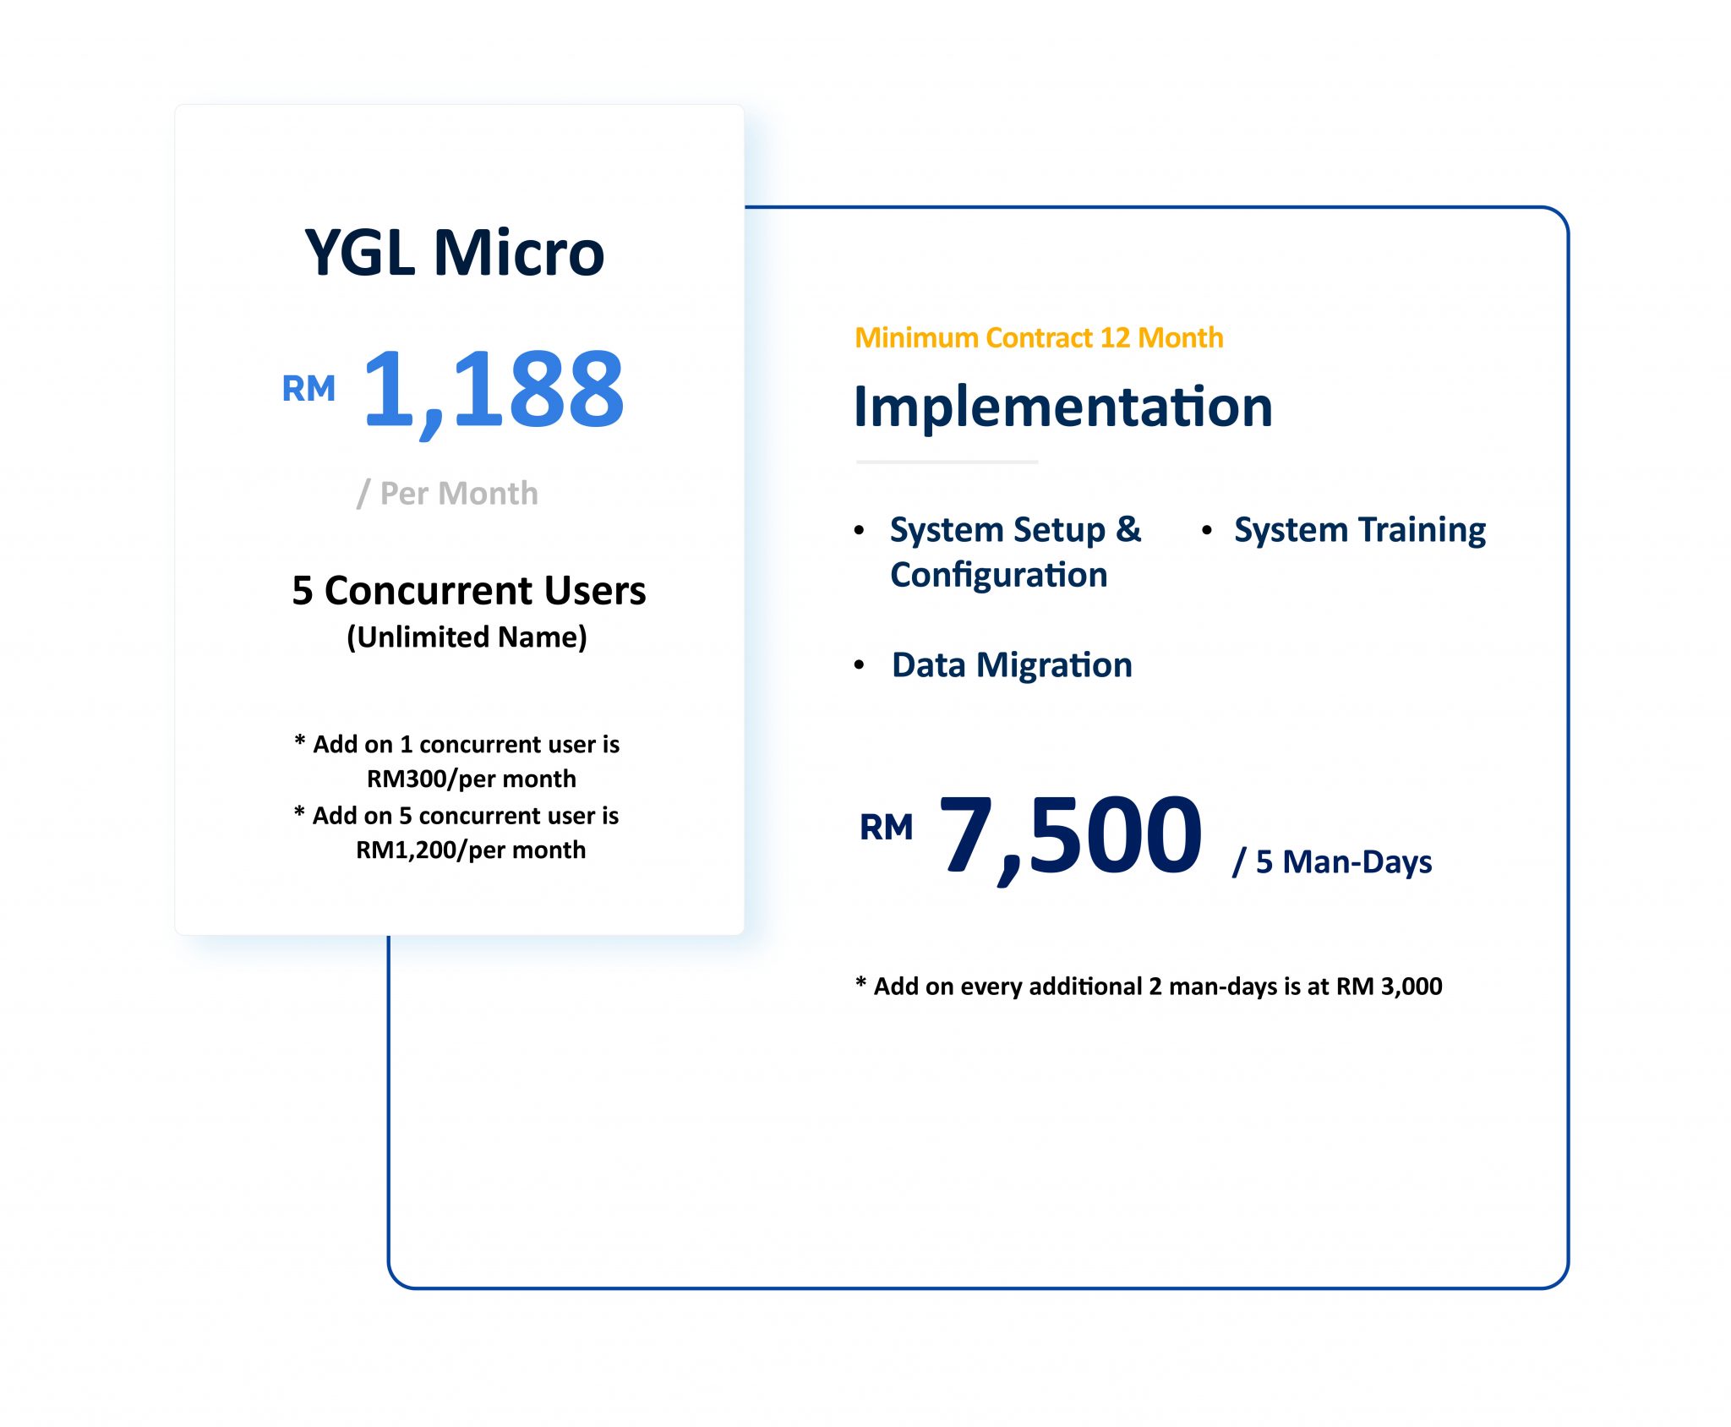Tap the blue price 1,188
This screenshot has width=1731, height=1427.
(494, 391)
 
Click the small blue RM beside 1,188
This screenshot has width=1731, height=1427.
(309, 389)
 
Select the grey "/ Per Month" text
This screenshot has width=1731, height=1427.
(447, 493)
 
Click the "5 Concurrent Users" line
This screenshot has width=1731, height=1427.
(468, 590)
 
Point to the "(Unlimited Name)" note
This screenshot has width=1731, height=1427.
(467, 637)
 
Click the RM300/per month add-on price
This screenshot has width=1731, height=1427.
(471, 779)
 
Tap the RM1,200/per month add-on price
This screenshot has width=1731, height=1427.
(471, 850)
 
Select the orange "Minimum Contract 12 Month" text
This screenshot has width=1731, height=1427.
(1039, 338)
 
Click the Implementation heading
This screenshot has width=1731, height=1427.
(1062, 407)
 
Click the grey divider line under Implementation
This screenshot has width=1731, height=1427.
(947, 462)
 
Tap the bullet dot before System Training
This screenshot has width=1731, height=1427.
(1207, 530)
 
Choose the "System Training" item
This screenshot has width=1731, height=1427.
(1360, 530)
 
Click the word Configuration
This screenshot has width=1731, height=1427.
(999, 575)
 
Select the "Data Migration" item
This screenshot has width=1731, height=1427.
(1012, 665)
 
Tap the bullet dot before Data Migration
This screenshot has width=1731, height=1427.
(860, 665)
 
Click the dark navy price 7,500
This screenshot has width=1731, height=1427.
(1071, 836)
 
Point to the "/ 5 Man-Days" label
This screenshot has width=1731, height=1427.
(1332, 862)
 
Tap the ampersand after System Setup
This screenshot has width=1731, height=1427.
(1128, 530)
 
